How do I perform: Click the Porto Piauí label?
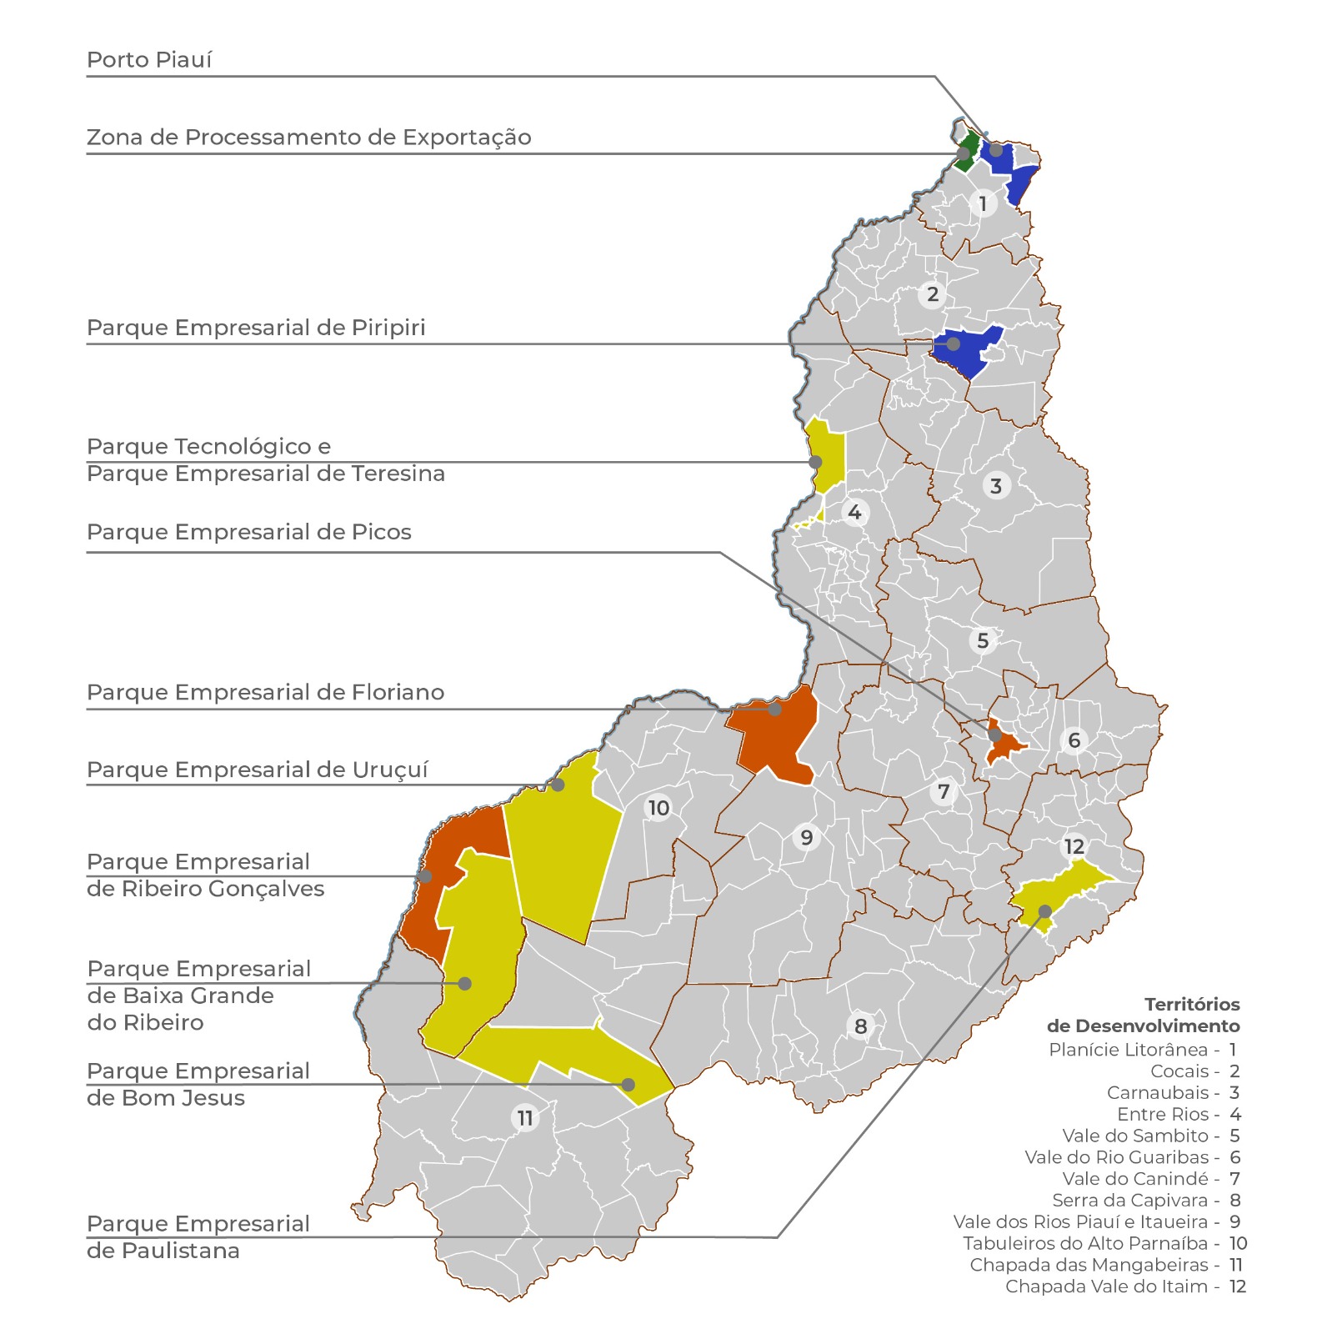[149, 60]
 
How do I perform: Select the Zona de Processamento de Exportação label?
[308, 138]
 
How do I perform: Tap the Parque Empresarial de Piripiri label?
[256, 328]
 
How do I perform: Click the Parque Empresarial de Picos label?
[249, 532]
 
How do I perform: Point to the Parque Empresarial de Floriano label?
[265, 692]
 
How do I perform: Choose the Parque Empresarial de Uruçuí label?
[257, 770]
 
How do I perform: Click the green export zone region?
[967, 150]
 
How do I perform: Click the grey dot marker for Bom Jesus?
[628, 1085]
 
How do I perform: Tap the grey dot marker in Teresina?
[816, 462]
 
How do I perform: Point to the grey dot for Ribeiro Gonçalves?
[425, 876]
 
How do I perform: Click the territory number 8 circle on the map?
[861, 1026]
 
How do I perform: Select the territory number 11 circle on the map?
[524, 1117]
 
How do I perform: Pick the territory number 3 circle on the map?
[995, 485]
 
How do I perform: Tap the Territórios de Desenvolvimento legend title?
[1143, 1016]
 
